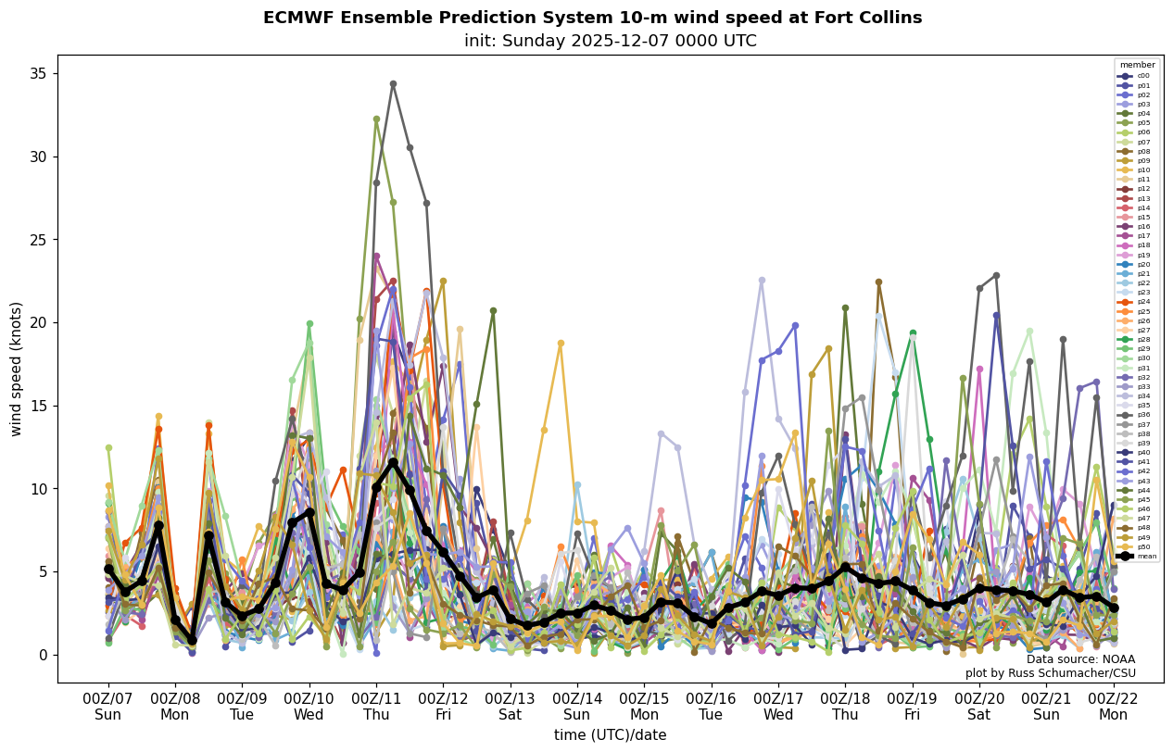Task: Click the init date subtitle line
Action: tap(610, 41)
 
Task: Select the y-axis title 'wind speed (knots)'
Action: tap(16, 369)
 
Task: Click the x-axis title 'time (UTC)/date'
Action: tap(610, 734)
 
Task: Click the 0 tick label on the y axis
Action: tap(41, 655)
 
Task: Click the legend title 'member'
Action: tap(1137, 65)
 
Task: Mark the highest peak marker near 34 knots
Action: tap(393, 84)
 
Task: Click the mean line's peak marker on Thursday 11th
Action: tap(393, 462)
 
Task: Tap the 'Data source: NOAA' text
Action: tap(1080, 659)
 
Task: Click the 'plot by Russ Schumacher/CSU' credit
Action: tap(1050, 673)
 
